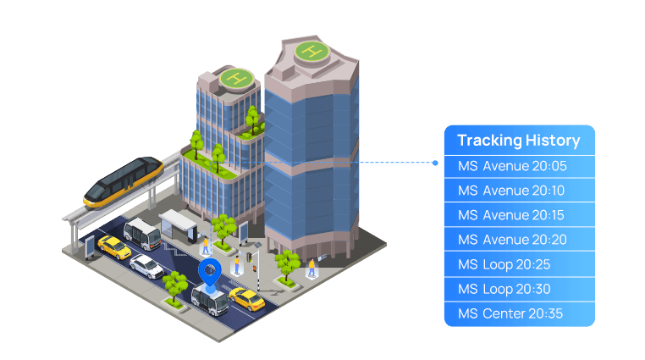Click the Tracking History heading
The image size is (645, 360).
(x=518, y=141)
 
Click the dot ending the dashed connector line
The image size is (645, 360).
(x=435, y=163)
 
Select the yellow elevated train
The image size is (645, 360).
(x=124, y=181)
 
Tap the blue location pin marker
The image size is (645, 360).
(x=209, y=272)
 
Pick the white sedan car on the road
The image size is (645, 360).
(x=146, y=267)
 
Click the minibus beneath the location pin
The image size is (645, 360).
(x=208, y=296)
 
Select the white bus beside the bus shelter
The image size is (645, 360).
(x=141, y=233)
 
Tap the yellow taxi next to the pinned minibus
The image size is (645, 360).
(x=246, y=298)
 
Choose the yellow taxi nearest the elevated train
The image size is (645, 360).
(x=113, y=246)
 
